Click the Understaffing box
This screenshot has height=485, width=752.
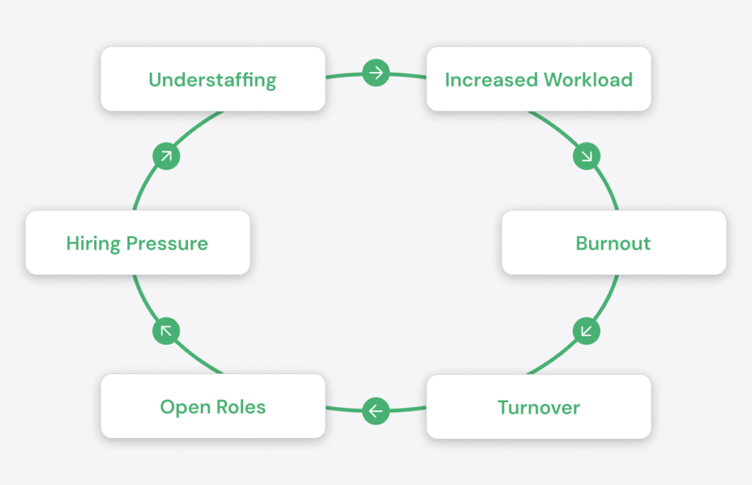pos(213,79)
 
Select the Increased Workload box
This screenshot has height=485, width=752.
pos(538,79)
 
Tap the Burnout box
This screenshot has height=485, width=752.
pos(614,242)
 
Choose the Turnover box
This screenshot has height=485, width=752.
pos(538,407)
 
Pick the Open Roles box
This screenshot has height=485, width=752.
pos(213,406)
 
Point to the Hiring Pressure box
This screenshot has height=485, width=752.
pos(137,242)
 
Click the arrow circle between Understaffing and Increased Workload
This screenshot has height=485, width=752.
pos(376,73)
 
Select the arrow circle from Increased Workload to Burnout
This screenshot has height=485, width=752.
pos(587,156)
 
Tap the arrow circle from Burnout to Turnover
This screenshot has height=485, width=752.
pos(587,331)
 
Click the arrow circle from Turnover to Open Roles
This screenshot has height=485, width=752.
pos(376,411)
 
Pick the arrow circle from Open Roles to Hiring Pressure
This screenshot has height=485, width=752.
pos(167,331)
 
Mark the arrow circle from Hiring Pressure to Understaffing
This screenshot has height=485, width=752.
pos(167,156)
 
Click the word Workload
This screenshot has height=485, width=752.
pos(588,79)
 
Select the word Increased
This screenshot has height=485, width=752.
pos(491,79)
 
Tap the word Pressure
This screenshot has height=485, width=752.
pos(167,243)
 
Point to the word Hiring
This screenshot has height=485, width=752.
pos(93,244)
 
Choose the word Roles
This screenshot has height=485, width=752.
pos(241,407)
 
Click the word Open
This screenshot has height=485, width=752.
pos(185,408)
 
